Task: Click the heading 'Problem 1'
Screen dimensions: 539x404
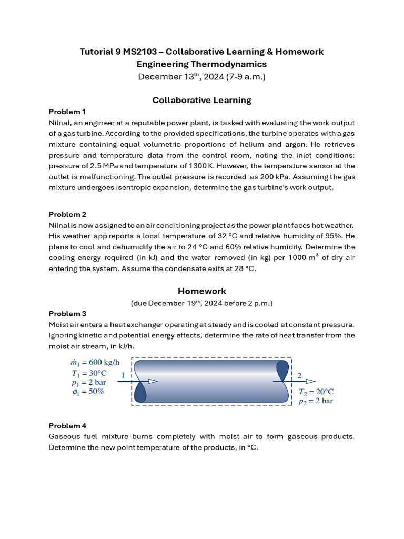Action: click(x=67, y=112)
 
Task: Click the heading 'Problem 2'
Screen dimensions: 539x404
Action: click(x=67, y=214)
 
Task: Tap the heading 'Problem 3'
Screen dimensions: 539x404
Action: click(x=67, y=314)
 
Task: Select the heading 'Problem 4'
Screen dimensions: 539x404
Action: click(x=67, y=425)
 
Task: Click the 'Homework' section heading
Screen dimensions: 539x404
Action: click(x=202, y=291)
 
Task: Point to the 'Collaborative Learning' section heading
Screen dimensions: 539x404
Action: click(x=202, y=100)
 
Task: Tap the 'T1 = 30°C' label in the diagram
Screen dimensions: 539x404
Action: click(x=84, y=373)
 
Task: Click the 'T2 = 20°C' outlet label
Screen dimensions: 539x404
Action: click(x=316, y=392)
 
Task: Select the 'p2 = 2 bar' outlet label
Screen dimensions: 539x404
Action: click(x=316, y=401)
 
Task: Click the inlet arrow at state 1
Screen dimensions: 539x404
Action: click(x=142, y=381)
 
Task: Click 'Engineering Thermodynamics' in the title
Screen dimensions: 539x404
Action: click(x=202, y=64)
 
